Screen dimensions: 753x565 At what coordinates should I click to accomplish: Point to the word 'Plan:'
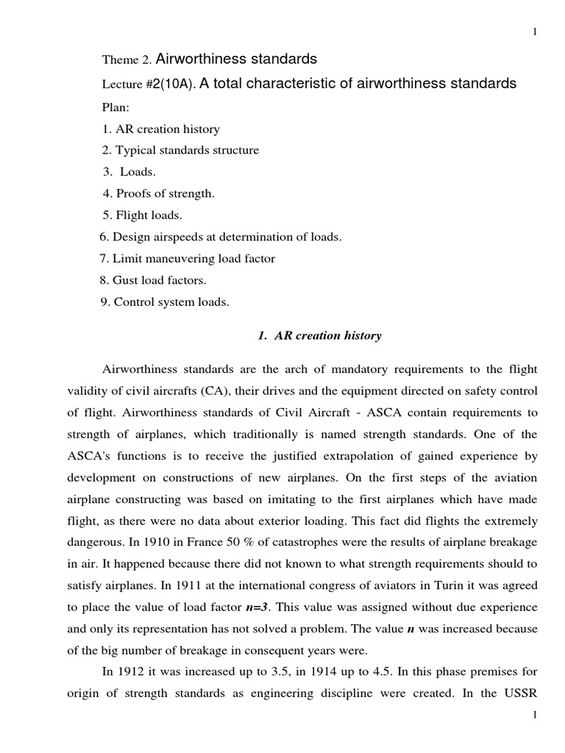[x=116, y=107]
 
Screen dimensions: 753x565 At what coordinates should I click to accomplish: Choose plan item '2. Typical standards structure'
[x=180, y=150]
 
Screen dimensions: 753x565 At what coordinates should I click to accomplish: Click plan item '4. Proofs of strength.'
[x=158, y=193]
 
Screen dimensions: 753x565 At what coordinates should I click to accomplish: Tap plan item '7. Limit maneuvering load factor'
[x=187, y=258]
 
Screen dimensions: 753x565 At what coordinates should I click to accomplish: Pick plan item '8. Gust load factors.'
[x=154, y=280]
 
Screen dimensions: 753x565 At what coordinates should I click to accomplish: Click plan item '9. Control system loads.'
[x=165, y=301]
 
